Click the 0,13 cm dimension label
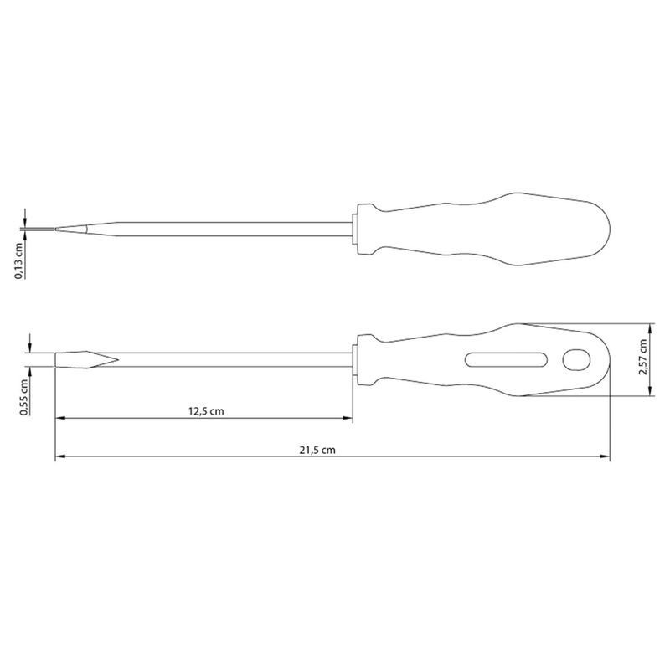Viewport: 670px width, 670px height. [19, 260]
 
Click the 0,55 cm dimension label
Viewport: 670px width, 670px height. [24, 397]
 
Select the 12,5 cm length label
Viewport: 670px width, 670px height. [206, 411]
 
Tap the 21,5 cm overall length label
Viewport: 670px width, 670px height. [317, 450]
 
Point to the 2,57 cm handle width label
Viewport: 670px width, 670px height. [642, 358]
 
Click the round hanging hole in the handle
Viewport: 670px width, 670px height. [576, 360]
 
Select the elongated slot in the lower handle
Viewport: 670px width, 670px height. [507, 360]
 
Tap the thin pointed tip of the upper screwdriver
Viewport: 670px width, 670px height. [55, 229]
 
